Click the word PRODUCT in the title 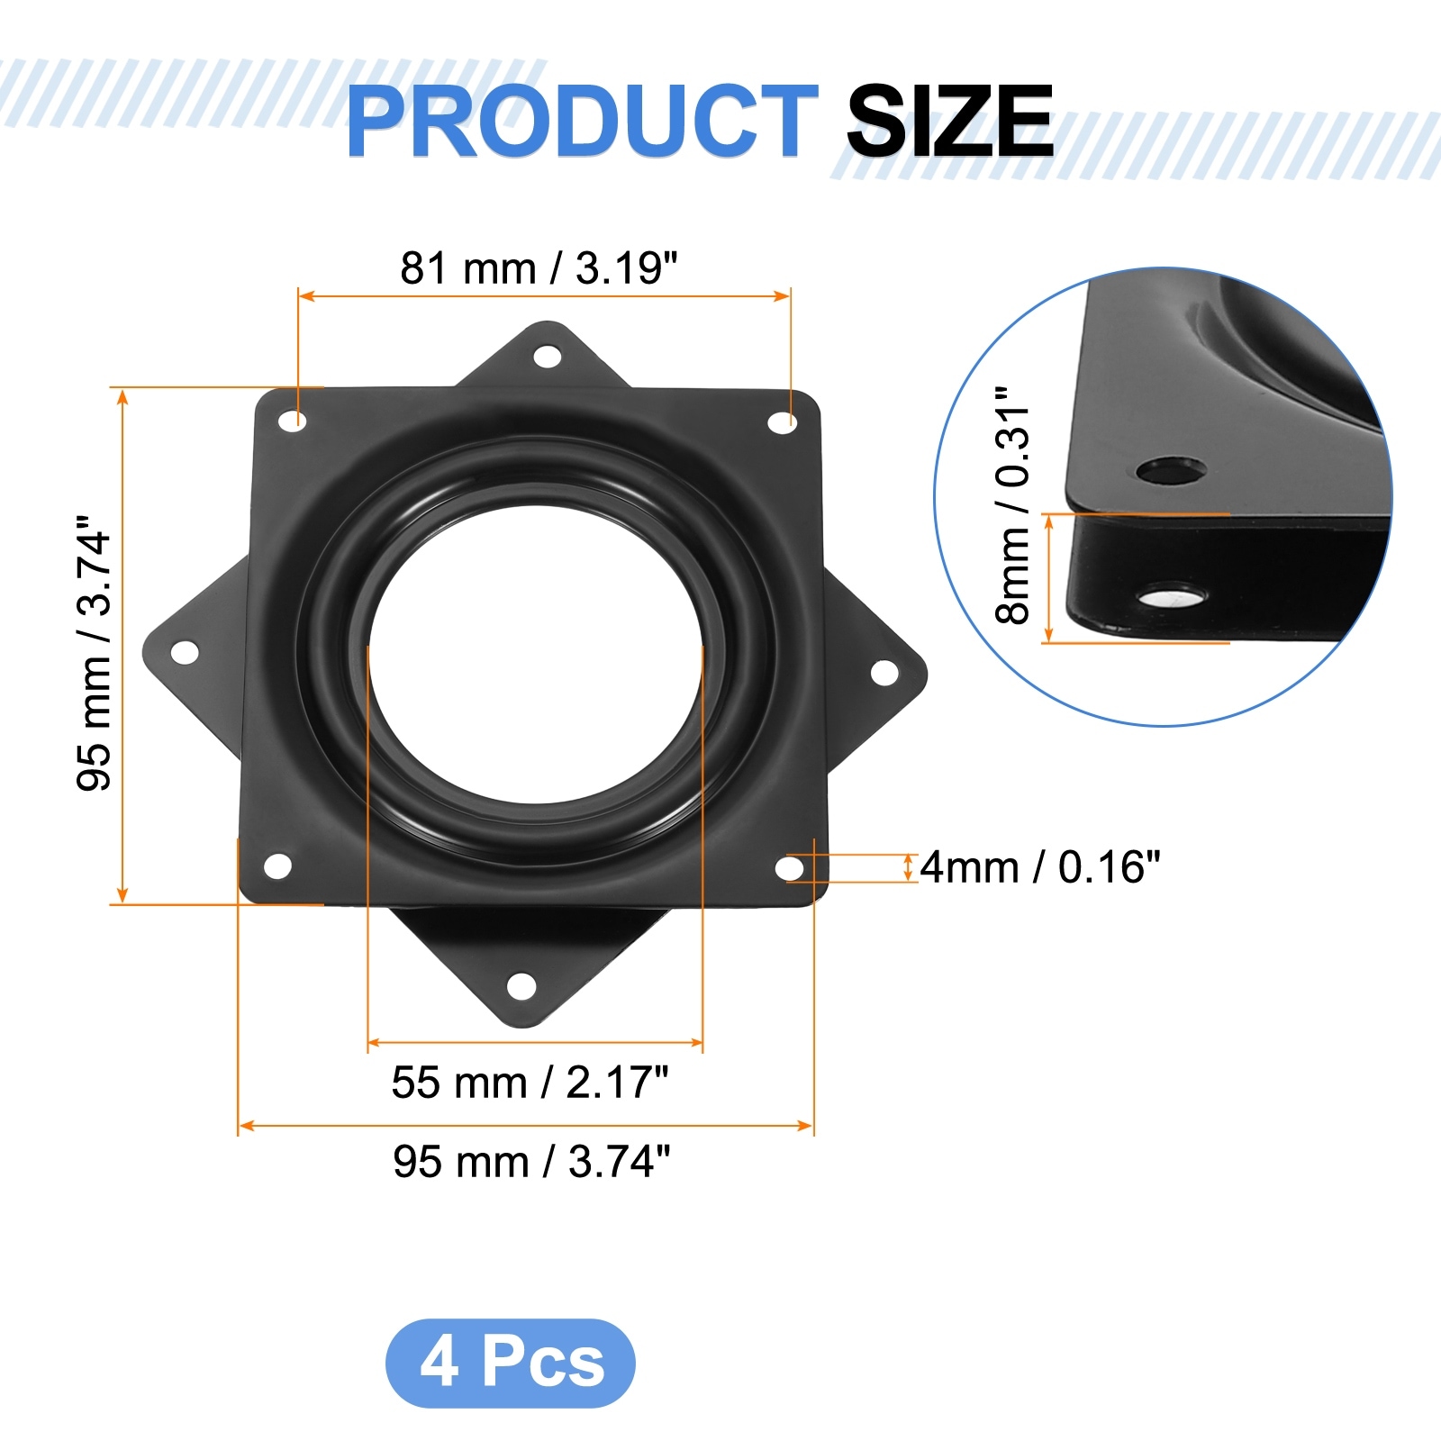[x=582, y=121]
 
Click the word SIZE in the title [x=950, y=121]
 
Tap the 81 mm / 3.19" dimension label [x=539, y=268]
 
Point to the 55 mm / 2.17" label [x=530, y=1083]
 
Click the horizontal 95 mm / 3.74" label [x=531, y=1162]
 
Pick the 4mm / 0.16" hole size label [x=1040, y=867]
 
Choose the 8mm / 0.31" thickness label [x=1012, y=505]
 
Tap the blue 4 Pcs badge [x=511, y=1363]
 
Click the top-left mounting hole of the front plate [x=292, y=421]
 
